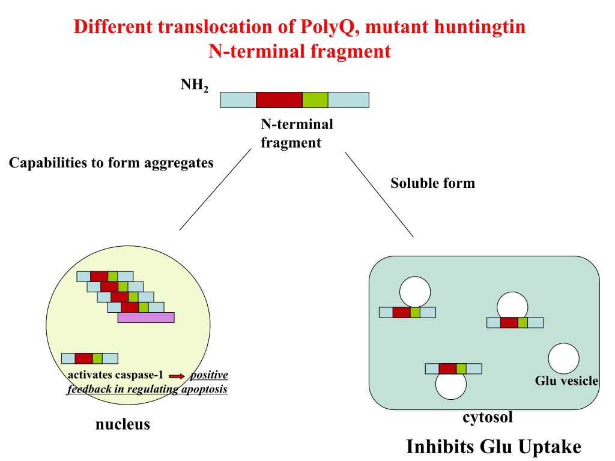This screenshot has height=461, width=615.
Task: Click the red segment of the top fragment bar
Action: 279,100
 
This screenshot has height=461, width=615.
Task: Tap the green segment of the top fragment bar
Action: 315,100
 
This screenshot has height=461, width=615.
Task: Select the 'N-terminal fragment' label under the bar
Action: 297,134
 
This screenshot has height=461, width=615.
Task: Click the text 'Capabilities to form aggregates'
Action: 111,163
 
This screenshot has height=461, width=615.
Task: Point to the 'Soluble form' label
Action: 432,183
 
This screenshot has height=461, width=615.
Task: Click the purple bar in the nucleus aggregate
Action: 146,318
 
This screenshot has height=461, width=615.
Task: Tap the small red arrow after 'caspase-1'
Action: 176,376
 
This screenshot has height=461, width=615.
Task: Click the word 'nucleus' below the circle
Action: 123,425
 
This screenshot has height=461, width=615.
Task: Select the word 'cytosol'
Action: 487,417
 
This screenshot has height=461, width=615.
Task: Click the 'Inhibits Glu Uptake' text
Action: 494,447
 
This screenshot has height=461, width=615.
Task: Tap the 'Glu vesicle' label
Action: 566,381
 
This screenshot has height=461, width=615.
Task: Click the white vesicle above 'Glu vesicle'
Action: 563,358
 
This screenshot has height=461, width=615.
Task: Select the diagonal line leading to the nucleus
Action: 214,189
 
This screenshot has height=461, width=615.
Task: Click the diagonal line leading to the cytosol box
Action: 379,194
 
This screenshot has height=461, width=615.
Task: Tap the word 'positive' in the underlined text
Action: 209,376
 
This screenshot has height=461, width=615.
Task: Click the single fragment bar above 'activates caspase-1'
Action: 89,358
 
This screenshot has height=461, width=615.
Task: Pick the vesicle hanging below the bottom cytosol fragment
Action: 450,385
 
